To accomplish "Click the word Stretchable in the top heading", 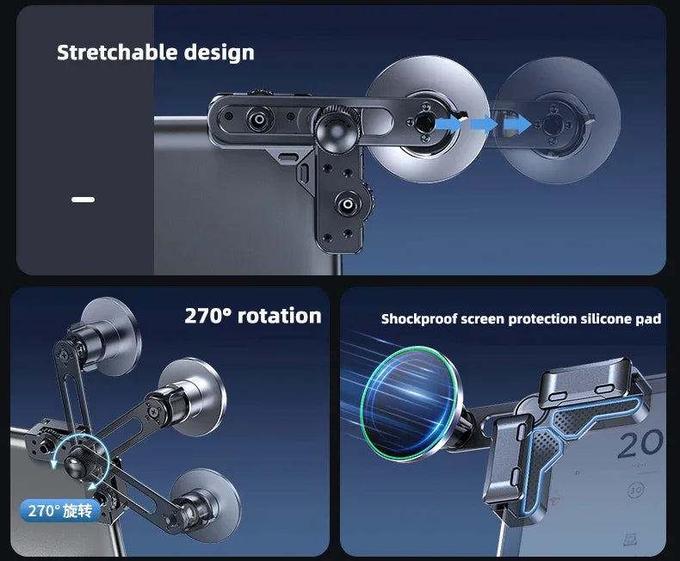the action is tap(117, 52).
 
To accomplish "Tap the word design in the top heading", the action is tap(219, 52).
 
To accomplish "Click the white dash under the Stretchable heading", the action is tap(83, 200).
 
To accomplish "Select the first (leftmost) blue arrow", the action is tap(448, 125).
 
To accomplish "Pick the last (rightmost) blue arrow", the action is tap(517, 125).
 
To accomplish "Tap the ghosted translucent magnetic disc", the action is tap(558, 120).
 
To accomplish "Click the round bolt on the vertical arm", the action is tap(348, 204).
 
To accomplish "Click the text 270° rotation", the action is tap(253, 316).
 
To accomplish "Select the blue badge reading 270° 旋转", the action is tap(60, 511).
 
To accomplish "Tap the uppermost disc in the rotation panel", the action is tap(111, 336).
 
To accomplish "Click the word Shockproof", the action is tap(419, 319).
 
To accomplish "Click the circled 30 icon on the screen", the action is tap(636, 490).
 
